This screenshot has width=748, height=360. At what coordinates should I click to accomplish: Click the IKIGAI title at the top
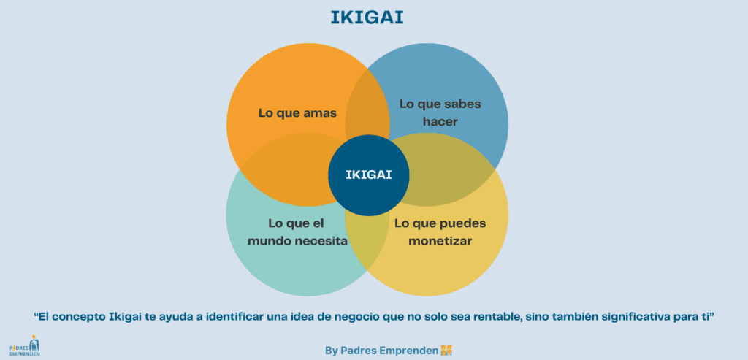pyautogui.click(x=373, y=17)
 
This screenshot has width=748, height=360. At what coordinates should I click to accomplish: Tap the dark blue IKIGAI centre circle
pyautogui.click(x=369, y=175)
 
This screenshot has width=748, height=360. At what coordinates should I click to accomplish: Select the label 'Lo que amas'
pyautogui.click(x=297, y=113)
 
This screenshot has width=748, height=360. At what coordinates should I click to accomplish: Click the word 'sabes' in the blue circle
pyautogui.click(x=460, y=104)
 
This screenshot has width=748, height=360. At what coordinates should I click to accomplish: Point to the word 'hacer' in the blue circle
pyautogui.click(x=440, y=121)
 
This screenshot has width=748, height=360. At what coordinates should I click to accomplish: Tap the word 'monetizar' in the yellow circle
pyautogui.click(x=440, y=240)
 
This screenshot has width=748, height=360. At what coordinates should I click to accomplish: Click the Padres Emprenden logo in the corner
pyautogui.click(x=25, y=346)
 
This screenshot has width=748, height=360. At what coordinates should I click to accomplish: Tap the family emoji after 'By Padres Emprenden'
pyautogui.click(x=447, y=351)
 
